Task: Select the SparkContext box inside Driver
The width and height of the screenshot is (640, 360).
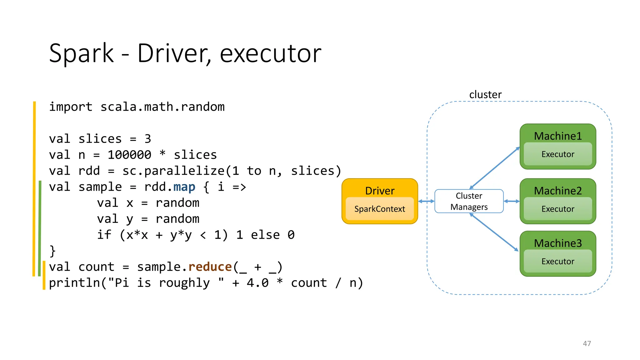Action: click(380, 209)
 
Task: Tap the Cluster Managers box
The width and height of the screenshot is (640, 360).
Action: click(469, 201)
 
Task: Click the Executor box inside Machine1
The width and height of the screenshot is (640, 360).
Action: click(558, 154)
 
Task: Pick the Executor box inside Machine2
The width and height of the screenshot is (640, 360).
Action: click(558, 209)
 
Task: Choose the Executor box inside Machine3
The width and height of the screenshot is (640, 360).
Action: click(558, 261)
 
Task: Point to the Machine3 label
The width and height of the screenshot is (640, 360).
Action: click(558, 243)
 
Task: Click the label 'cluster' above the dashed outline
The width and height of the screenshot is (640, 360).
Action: click(485, 94)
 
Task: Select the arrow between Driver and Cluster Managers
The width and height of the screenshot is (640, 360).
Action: click(426, 201)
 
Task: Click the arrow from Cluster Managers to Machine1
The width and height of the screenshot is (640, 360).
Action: click(494, 167)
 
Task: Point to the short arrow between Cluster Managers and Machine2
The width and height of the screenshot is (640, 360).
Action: click(512, 201)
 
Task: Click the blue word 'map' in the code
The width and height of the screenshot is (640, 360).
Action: click(184, 187)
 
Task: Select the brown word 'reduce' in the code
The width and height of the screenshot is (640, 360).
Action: click(210, 267)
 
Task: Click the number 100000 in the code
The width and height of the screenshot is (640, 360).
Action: click(129, 155)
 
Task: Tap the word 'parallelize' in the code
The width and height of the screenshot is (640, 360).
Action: click(184, 171)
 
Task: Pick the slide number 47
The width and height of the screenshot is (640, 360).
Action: click(587, 343)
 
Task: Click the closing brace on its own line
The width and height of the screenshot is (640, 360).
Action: click(52, 251)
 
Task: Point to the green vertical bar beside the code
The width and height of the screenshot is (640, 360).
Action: click(39, 228)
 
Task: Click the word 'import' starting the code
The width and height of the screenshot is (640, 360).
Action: click(71, 107)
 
